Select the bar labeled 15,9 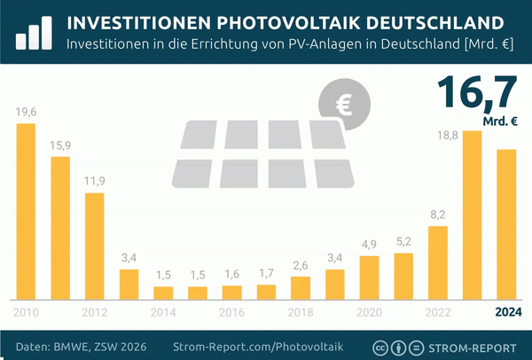[60, 228]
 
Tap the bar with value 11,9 [95, 246]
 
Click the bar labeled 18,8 [473, 215]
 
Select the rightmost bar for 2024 [506, 223]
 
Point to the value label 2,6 [301, 266]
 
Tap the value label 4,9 [370, 245]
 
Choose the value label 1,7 [266, 273]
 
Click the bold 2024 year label [507, 312]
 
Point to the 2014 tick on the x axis [163, 312]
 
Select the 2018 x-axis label [301, 312]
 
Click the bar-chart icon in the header [33, 31]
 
